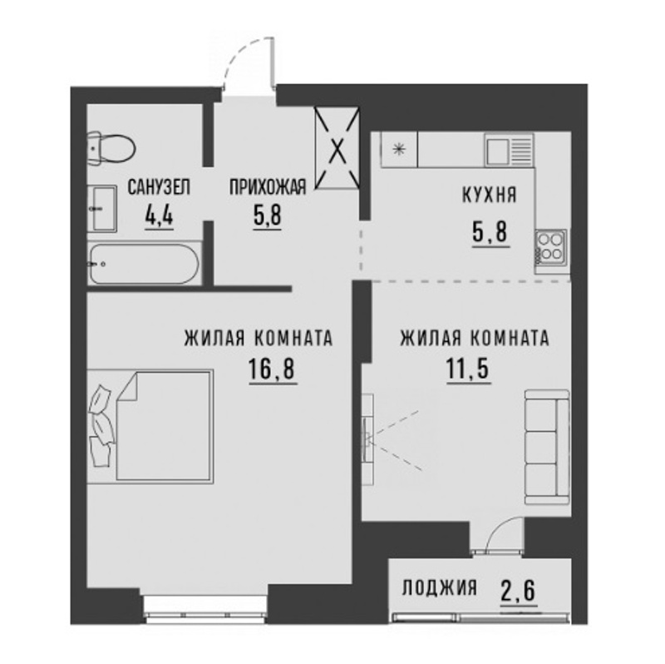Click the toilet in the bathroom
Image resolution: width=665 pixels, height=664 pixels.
pos(111,149)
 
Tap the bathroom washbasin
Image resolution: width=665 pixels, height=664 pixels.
pos(102,209)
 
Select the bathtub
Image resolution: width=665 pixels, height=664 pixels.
pos(144,264)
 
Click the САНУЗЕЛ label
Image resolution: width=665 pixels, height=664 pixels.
pos(159,187)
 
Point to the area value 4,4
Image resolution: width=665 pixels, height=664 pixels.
pos(159,216)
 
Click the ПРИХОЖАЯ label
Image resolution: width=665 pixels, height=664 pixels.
pos(268,187)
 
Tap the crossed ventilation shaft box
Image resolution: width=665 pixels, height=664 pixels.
pos(337,148)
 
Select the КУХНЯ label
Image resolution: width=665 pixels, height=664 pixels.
pos(489,196)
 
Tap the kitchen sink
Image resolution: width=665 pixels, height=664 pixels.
pos(510,150)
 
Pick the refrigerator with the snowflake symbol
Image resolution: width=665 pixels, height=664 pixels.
pos(399,150)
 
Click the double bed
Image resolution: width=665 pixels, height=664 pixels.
pos(150,426)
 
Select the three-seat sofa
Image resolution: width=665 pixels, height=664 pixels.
pos(547,448)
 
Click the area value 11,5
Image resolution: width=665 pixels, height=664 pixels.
pos(468,369)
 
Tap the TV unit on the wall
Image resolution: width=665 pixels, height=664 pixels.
pos(367,439)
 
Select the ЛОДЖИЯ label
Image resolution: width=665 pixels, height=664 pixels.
pos(440,588)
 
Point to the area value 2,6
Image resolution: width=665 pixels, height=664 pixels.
pos(519,591)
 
